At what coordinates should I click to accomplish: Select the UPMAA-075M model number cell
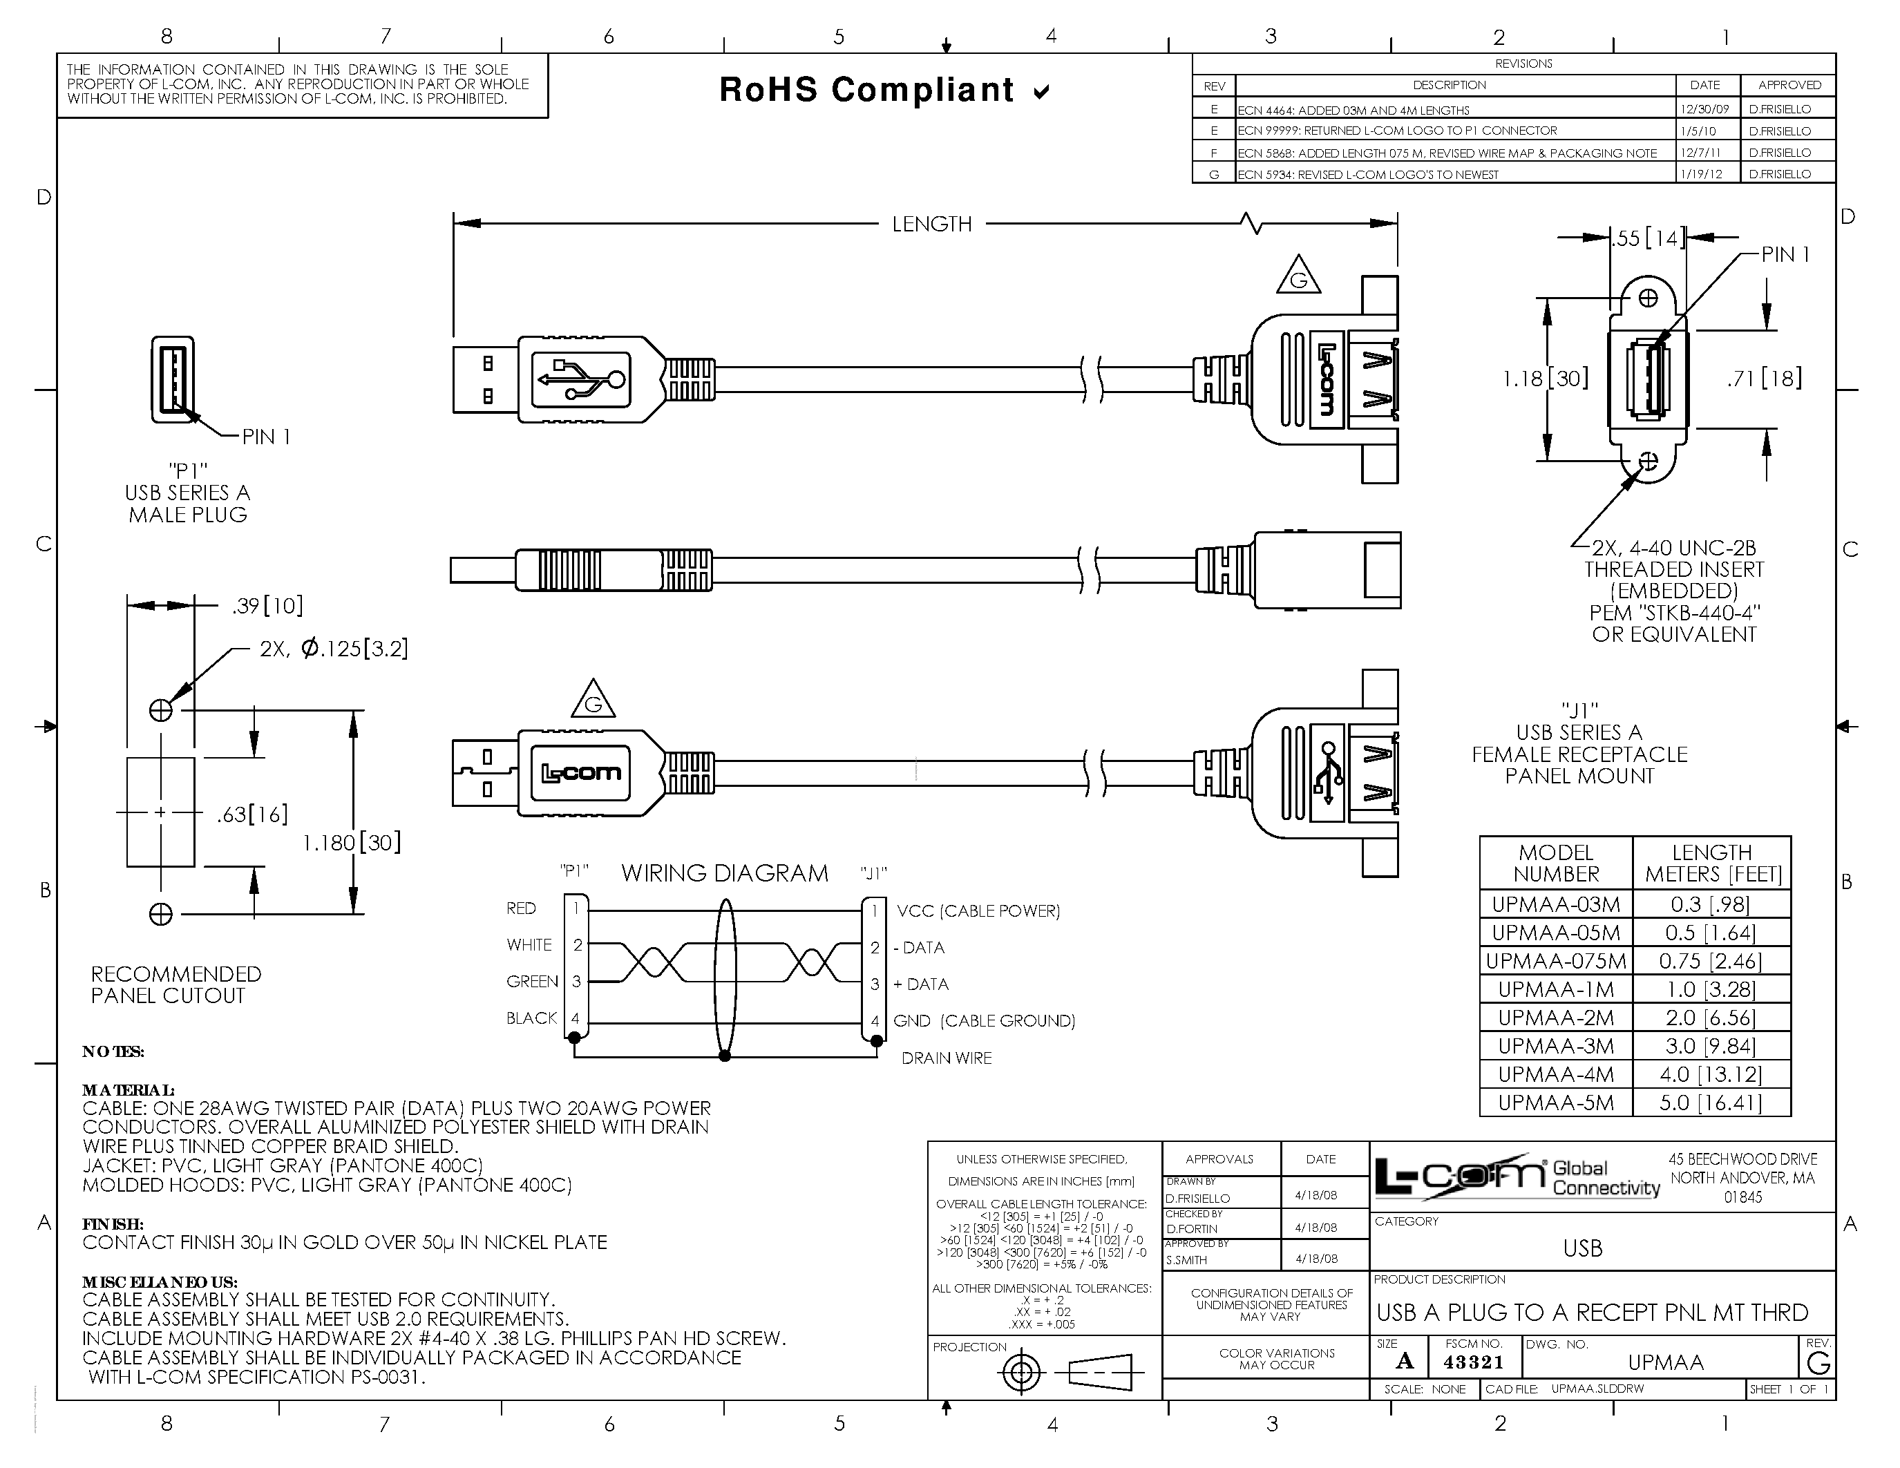click(x=1555, y=961)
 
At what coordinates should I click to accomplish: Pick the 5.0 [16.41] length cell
click(x=1711, y=1103)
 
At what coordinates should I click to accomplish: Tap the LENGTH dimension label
click(x=931, y=225)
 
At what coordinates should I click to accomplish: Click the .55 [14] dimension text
click(x=1647, y=238)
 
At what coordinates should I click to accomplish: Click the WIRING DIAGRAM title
click(x=724, y=873)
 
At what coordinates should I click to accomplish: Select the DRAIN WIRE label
click(x=946, y=1058)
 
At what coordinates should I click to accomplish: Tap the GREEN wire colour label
click(x=531, y=982)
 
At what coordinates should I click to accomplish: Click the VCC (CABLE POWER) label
click(x=978, y=911)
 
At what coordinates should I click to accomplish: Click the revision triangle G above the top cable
click(x=1298, y=278)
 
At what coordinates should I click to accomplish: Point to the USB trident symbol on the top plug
click(x=580, y=379)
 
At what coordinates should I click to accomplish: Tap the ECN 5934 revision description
click(x=1367, y=175)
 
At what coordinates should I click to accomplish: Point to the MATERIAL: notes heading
click(x=128, y=1089)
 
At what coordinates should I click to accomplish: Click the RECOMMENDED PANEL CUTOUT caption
click(x=175, y=984)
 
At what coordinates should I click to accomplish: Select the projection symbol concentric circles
click(x=1023, y=1373)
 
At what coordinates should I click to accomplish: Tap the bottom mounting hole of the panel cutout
click(x=161, y=914)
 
